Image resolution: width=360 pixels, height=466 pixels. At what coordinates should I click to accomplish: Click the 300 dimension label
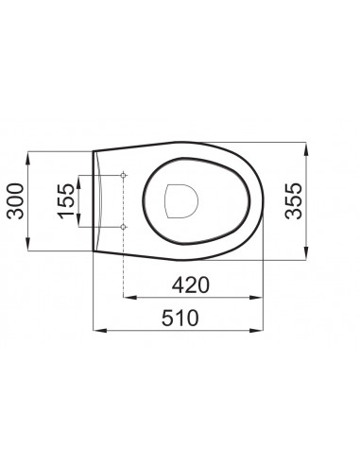15,201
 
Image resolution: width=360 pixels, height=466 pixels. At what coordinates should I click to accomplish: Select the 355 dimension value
293,200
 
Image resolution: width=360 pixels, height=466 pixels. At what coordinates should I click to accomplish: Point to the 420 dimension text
190,285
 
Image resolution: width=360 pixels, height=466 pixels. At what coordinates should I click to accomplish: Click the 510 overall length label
180,319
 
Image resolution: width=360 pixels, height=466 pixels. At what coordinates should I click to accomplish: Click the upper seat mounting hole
124,175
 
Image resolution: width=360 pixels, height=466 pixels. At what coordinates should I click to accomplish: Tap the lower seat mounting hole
124,227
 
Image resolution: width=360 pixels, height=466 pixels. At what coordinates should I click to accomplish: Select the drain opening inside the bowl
181,201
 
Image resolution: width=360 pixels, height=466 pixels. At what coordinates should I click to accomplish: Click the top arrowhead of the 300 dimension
28,158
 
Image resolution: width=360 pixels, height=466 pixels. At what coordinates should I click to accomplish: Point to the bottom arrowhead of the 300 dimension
28,244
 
